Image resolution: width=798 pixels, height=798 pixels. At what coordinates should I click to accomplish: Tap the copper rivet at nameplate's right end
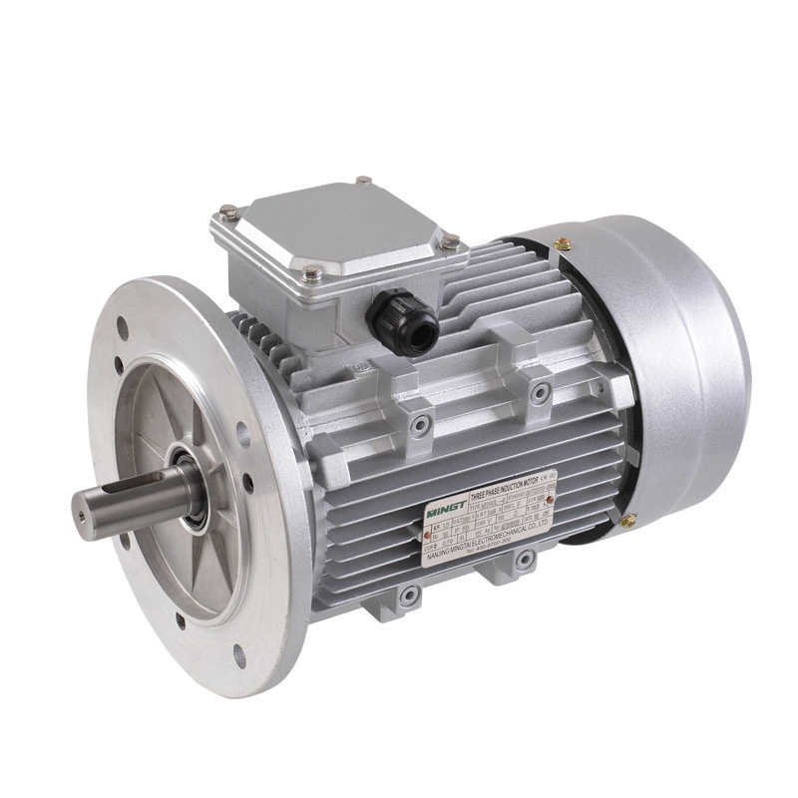click(x=551, y=498)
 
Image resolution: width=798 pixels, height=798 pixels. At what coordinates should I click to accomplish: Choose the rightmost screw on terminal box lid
click(x=450, y=241)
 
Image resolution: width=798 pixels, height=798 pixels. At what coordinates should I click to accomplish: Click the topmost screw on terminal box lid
click(x=363, y=182)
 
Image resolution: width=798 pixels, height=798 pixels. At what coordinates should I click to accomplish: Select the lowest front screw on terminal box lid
click(x=312, y=271)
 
